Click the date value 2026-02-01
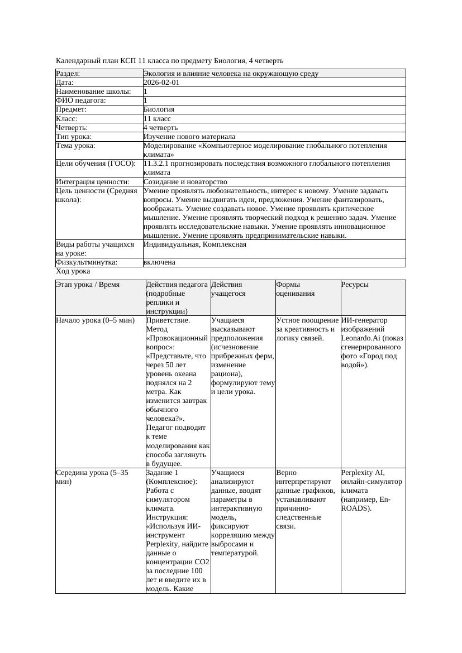pos(161,83)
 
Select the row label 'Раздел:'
pos(68,74)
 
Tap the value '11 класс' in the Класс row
pos(157,119)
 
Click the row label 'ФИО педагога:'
pos(81,100)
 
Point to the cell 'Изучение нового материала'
pos(189,137)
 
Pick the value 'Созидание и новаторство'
pos(185,182)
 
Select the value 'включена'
pos(159,262)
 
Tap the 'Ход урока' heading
pos(73,271)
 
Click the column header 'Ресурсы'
pos(355,285)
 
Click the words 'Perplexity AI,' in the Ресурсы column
pos(363,473)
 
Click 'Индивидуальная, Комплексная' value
pos(195,244)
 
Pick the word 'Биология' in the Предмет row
pos(159,110)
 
